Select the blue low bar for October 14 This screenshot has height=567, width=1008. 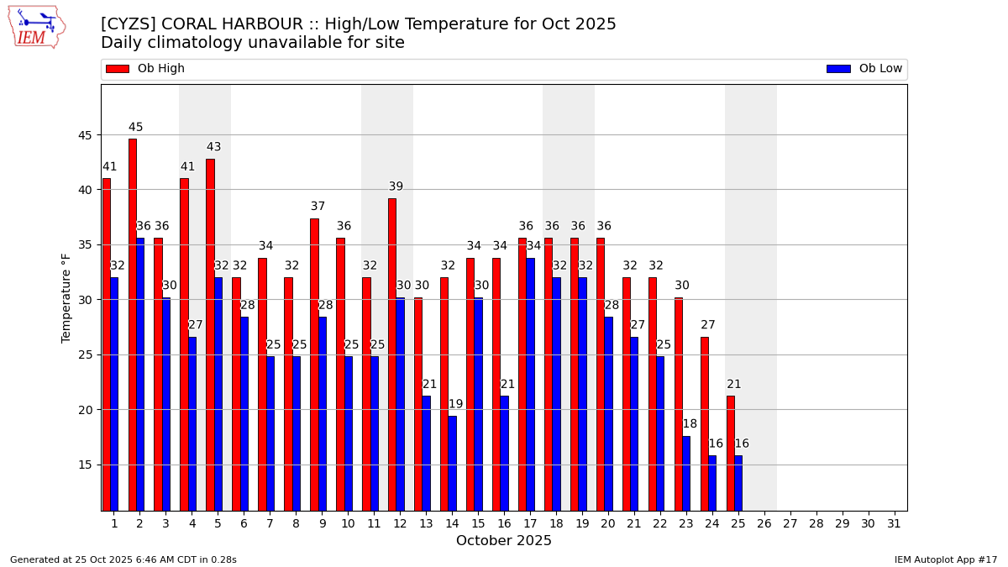click(x=452, y=463)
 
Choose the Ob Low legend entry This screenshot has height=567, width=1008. click(x=864, y=69)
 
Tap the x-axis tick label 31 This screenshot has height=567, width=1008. click(x=894, y=523)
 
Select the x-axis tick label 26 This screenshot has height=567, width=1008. click(x=764, y=523)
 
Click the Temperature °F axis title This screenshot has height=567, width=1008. click(x=66, y=297)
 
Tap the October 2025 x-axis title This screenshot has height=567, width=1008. click(x=504, y=541)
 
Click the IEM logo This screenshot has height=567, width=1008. click(x=36, y=27)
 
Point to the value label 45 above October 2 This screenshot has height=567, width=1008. click(x=136, y=128)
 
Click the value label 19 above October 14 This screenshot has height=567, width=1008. click(x=455, y=404)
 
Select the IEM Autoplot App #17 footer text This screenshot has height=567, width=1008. click(x=945, y=559)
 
